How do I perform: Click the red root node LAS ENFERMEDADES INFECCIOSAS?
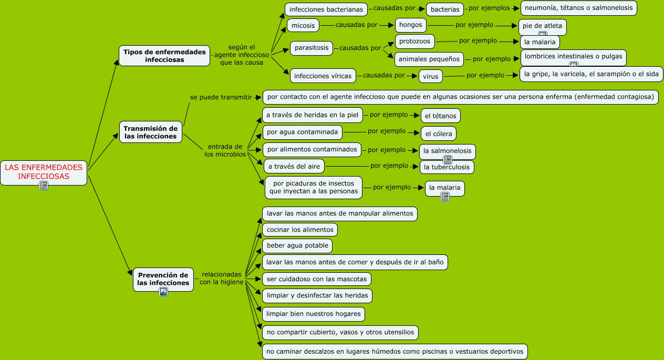click(44, 172)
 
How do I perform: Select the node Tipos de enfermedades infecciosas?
click(164, 56)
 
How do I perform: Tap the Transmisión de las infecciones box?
click(151, 132)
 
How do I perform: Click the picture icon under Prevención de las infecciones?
click(163, 292)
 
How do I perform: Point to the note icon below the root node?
click(44, 186)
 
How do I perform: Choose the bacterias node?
click(445, 9)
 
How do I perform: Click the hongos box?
click(411, 25)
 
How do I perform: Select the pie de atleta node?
click(543, 27)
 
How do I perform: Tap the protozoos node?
click(414, 42)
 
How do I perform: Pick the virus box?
click(431, 77)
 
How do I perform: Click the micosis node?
click(303, 26)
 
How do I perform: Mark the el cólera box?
click(439, 133)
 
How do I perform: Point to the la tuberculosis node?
click(447, 167)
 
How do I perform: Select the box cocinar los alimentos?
click(300, 230)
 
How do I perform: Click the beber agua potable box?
click(297, 246)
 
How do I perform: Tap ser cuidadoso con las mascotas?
click(317, 279)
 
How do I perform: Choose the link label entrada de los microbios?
click(225, 150)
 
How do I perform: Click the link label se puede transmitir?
click(221, 97)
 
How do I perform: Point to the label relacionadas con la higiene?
click(222, 278)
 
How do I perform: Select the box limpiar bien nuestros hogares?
click(314, 314)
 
